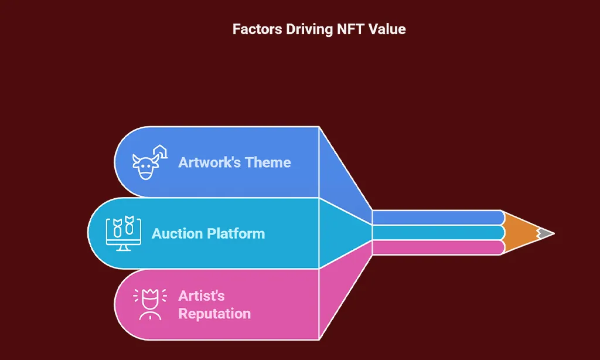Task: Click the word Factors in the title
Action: click(257, 29)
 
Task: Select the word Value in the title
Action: click(387, 29)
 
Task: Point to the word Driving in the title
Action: click(309, 30)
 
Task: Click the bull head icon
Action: click(145, 167)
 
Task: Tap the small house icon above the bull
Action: click(161, 151)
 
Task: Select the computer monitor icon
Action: click(124, 233)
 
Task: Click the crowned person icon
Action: click(150, 304)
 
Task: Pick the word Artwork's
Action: click(210, 162)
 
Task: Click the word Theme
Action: click(268, 162)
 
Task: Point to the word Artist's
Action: click(202, 296)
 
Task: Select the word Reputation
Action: click(214, 314)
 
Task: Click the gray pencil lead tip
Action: click(547, 233)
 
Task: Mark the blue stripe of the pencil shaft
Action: click(437, 218)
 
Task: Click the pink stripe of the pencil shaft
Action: click(437, 247)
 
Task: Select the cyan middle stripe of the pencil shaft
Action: click(437, 232)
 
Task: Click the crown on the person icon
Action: click(150, 296)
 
